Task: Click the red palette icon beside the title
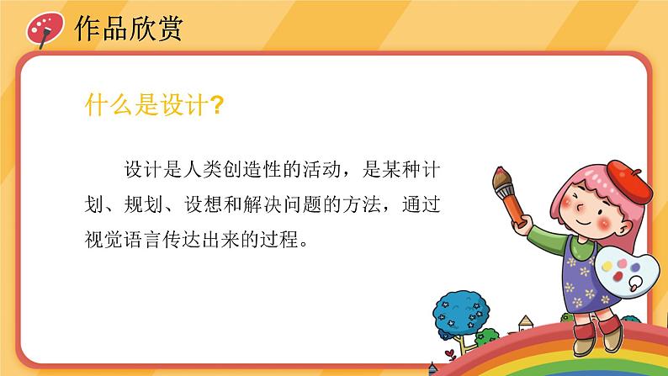coord(42,29)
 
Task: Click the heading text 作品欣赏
coord(129,29)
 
